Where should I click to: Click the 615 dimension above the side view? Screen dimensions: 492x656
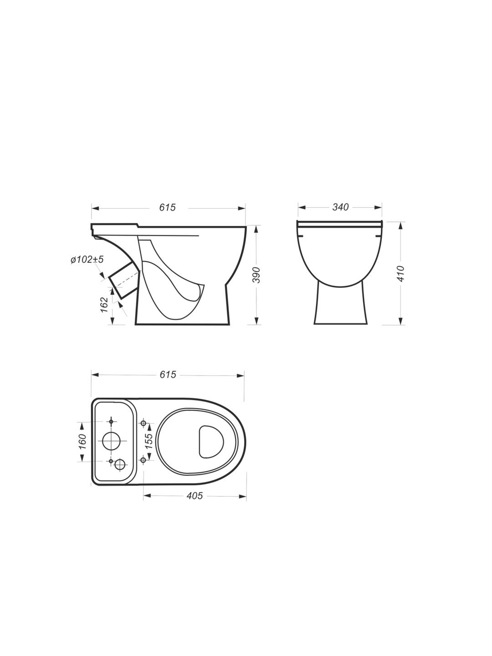click(167, 207)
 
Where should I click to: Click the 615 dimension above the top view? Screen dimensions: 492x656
click(168, 375)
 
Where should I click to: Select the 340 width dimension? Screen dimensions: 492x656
click(340, 207)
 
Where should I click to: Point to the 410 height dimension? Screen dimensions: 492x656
click(401, 273)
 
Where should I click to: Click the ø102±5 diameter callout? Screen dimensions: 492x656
click(87, 259)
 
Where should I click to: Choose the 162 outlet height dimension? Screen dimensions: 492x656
click(104, 305)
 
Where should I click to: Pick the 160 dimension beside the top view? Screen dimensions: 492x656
click(82, 441)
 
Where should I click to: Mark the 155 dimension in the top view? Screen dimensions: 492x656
click(149, 441)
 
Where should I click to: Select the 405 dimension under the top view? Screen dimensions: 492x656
click(194, 496)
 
